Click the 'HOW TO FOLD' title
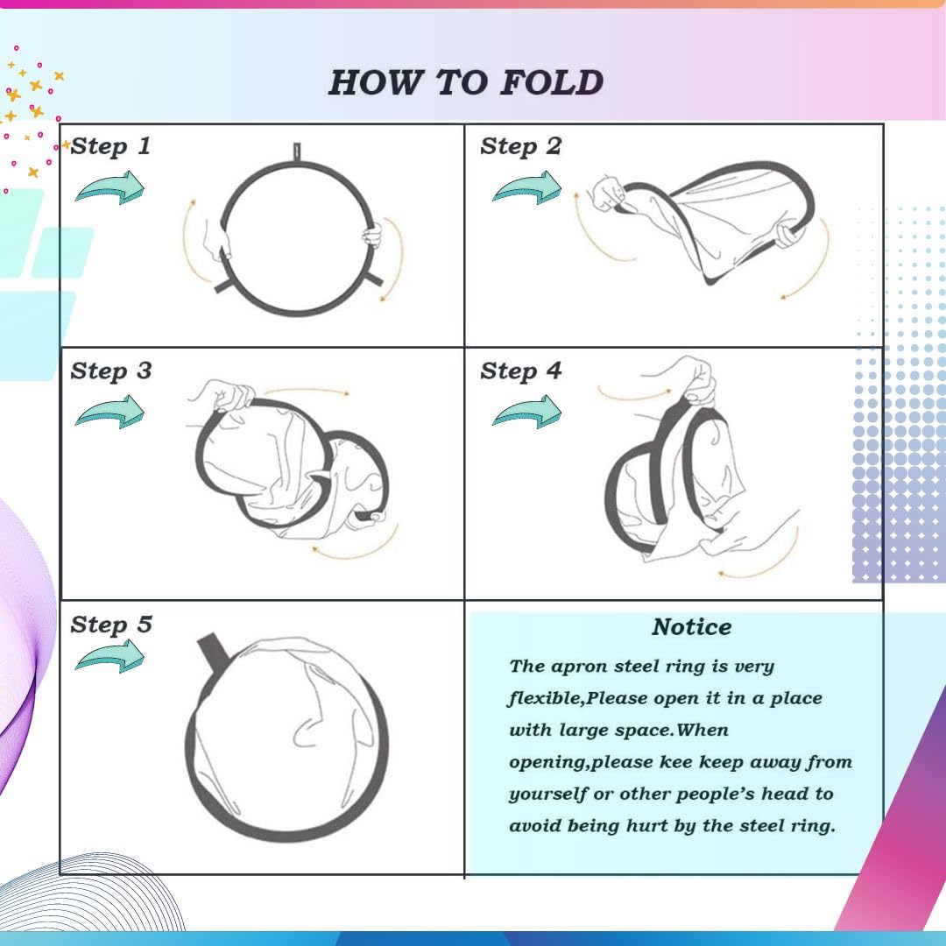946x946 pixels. [x=466, y=82]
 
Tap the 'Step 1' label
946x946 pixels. [x=110, y=146]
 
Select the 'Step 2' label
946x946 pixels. [x=520, y=146]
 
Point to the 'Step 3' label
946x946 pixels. [x=111, y=371]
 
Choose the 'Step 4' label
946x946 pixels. [x=520, y=371]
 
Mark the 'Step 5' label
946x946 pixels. [x=111, y=625]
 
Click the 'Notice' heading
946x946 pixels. [x=691, y=627]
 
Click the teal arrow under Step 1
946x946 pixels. [x=110, y=187]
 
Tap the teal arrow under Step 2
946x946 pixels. [x=527, y=187]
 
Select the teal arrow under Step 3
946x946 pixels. [x=110, y=412]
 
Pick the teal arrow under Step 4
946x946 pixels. [x=527, y=412]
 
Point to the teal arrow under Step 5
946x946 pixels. [x=110, y=656]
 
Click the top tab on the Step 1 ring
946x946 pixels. [x=297, y=152]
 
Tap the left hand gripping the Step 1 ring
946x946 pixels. [x=217, y=239]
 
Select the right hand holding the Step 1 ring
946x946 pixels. [x=373, y=236]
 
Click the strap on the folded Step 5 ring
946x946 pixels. [x=215, y=653]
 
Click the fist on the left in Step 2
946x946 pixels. [x=608, y=194]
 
